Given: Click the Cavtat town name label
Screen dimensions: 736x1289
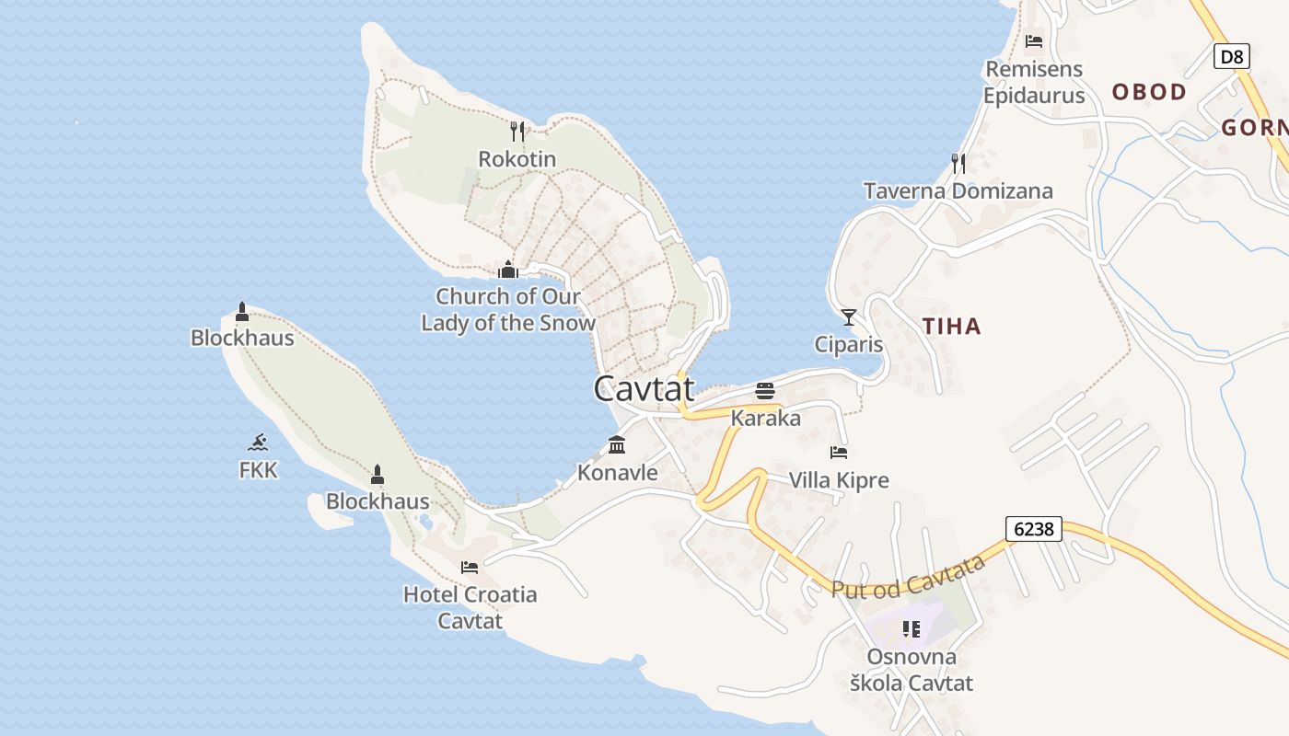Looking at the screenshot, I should coord(644,388).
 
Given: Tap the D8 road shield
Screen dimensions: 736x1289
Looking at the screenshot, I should coord(1231,57).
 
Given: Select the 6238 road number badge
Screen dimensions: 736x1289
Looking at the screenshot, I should coord(1034,529).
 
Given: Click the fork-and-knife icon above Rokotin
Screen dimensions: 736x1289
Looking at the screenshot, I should coord(517,132).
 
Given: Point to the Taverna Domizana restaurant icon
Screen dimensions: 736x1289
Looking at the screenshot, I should coord(958,164).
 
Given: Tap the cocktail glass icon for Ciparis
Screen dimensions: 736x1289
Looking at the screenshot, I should coord(849,317).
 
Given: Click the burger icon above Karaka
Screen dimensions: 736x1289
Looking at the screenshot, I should coord(765,391).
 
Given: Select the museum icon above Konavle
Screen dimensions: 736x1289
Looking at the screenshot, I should coord(617,445).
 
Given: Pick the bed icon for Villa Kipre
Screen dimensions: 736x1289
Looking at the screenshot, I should coord(839,453).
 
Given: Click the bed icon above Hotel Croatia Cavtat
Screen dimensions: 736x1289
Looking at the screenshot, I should coord(470,567).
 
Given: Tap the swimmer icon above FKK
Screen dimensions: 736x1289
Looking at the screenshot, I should coord(258,443).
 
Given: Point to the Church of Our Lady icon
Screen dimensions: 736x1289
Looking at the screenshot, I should coord(507,270).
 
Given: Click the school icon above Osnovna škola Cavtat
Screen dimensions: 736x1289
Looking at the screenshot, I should coord(912,629).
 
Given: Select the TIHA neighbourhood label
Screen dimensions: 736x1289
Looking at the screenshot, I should coord(951,326).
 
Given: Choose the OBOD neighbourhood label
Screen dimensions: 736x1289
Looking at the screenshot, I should coord(1149,92).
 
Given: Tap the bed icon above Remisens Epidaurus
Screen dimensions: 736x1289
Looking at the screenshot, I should coord(1034,41).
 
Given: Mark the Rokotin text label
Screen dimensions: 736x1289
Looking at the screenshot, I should coord(517,159).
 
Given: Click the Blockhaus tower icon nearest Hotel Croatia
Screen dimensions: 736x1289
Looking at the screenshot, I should coord(377,475).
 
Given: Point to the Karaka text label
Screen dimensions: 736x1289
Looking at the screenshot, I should coord(765,419).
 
